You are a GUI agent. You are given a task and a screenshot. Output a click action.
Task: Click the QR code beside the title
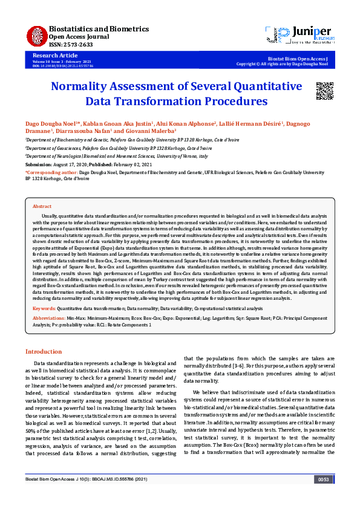pos(324,89)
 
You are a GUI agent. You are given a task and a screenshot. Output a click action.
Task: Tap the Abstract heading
pos(42,207)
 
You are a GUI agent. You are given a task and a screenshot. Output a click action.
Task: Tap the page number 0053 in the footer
pos(324,496)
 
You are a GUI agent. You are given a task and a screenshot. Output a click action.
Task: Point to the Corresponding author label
pos(51,172)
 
